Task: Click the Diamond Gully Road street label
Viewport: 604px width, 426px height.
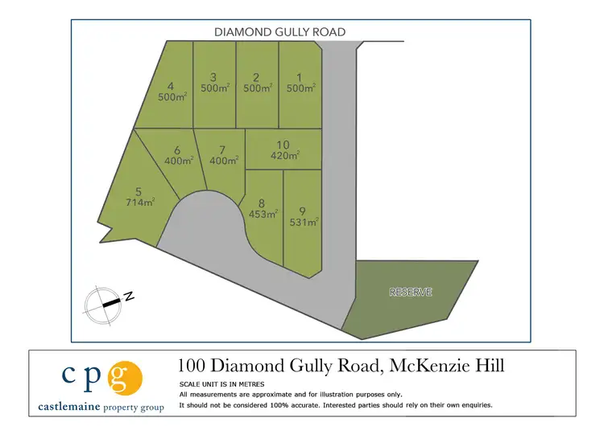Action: [x=279, y=32]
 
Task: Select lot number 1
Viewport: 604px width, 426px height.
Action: [x=299, y=83]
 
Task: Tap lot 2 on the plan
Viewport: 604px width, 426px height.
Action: [x=255, y=83]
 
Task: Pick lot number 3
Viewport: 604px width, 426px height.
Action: [x=213, y=83]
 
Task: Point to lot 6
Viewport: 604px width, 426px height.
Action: [x=179, y=154]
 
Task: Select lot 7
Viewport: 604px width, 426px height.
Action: [x=223, y=154]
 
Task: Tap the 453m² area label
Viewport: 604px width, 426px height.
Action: [x=263, y=214]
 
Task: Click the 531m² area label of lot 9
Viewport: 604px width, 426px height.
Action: [x=303, y=222]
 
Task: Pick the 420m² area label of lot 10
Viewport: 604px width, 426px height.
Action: [x=284, y=155]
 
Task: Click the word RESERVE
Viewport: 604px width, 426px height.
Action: [x=411, y=292]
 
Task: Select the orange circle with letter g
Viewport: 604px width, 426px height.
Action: [x=126, y=377]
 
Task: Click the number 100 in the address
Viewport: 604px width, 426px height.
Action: [x=193, y=366]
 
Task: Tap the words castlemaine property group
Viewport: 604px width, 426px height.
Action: [x=101, y=408]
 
